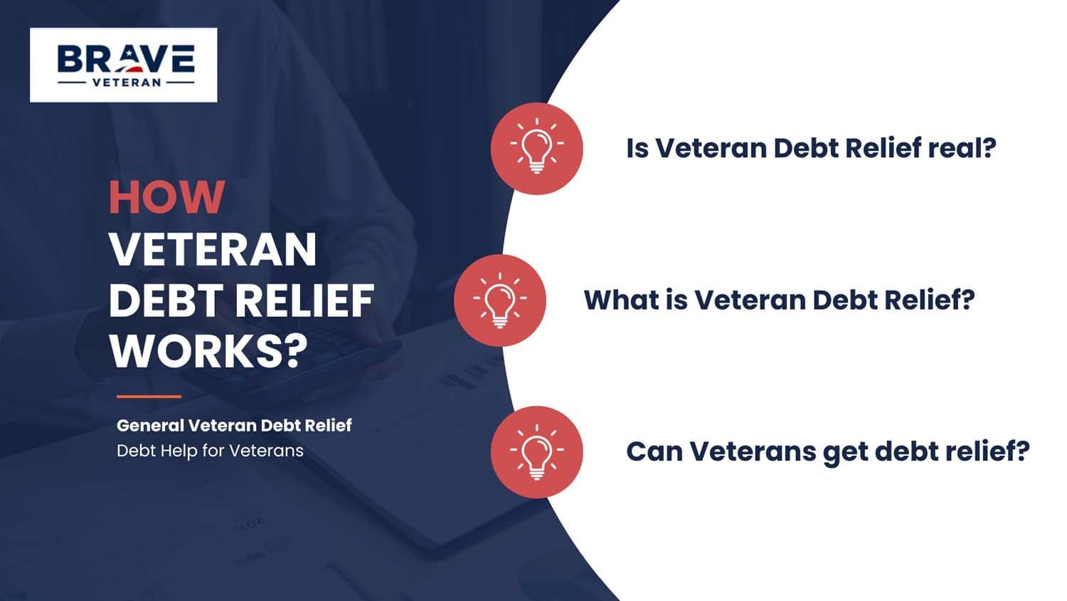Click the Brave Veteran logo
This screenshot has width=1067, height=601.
(x=124, y=65)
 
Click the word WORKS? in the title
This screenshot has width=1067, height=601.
(x=208, y=350)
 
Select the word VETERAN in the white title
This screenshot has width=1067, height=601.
(x=213, y=249)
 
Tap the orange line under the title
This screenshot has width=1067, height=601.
(x=149, y=397)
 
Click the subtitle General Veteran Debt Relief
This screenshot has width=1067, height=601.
(x=234, y=425)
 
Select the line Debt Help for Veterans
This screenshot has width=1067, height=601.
(x=210, y=451)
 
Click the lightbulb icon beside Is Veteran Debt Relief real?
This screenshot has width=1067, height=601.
(x=536, y=148)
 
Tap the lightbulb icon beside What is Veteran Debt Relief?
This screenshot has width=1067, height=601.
(x=499, y=300)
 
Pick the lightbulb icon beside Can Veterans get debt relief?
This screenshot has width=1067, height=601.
(x=536, y=451)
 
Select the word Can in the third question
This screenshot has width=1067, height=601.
(x=654, y=451)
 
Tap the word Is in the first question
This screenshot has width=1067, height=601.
(x=637, y=148)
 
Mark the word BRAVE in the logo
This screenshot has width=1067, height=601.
(x=125, y=59)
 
